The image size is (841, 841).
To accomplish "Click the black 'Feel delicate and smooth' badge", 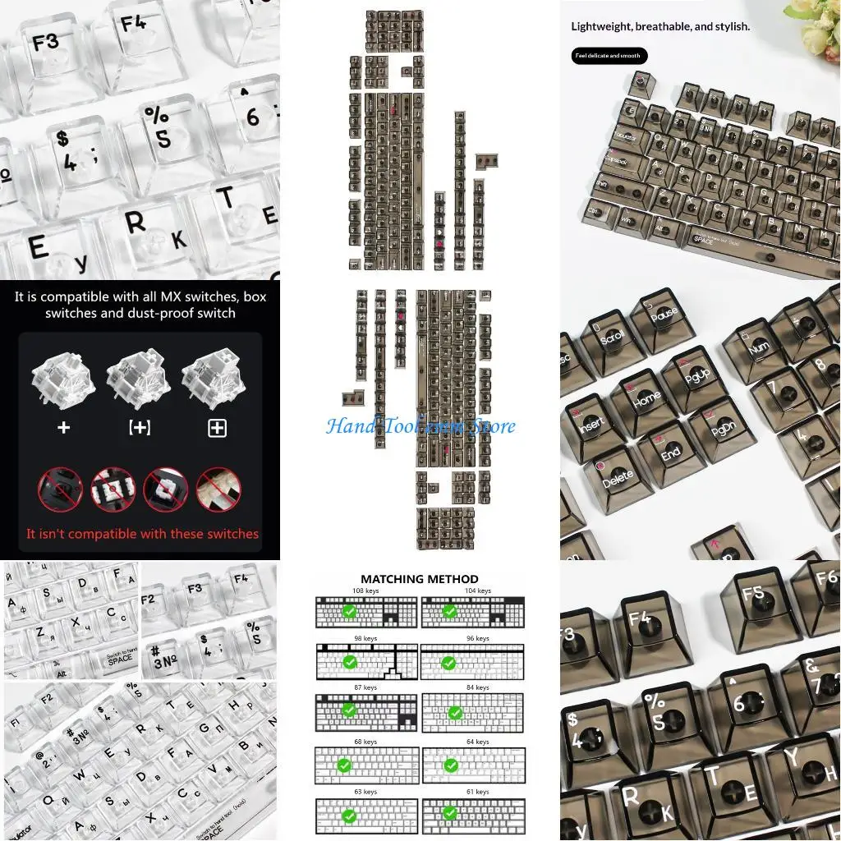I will coord(609,56).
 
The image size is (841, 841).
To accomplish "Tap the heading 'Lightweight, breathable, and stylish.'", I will coord(660,26).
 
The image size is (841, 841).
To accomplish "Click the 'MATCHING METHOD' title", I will coord(419,579).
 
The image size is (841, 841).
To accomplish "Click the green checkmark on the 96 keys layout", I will coord(449,662).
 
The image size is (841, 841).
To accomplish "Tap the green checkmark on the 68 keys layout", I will coord(344,765).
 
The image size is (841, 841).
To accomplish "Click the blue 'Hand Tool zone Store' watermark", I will coord(420,426).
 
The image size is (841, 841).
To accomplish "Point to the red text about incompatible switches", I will coord(142,534).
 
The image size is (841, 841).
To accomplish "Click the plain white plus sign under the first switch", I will coord(63,427).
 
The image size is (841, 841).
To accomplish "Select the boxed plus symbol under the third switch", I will coord(217,427).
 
